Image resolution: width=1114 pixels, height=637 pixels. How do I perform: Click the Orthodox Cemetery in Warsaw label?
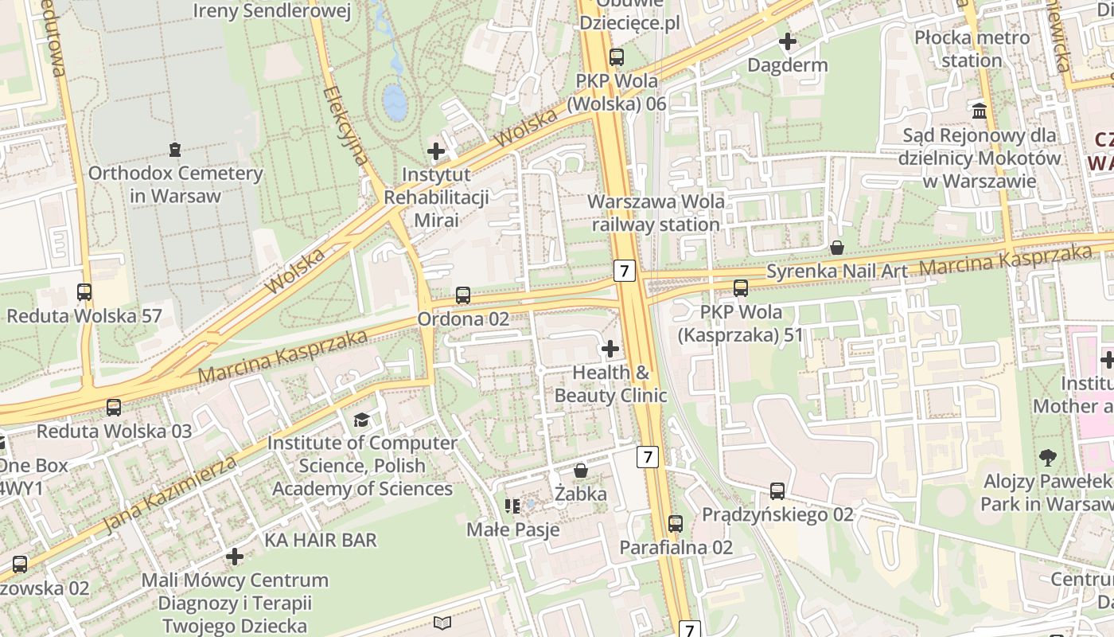coord(175,184)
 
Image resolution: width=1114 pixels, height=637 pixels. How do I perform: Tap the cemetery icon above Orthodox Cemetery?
coord(175,149)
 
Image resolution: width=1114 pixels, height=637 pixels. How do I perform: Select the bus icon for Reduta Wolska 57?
coord(84,292)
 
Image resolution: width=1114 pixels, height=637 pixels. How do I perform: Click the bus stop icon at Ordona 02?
coord(463,295)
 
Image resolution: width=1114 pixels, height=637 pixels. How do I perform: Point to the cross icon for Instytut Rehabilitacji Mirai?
coord(436,150)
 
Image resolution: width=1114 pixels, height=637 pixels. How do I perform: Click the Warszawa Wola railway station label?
coord(656,213)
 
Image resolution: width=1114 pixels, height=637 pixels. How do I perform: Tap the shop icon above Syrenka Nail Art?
coord(836,248)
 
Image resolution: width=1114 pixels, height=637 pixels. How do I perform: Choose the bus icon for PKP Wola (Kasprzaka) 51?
coord(741,288)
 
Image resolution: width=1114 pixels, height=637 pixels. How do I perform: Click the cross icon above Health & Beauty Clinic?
coord(610,348)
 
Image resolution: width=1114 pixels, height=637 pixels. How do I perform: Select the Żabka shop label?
coord(581,494)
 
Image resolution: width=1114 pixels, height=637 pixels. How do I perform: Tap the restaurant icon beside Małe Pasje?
coord(512,506)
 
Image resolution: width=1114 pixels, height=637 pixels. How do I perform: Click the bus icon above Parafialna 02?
coord(676,523)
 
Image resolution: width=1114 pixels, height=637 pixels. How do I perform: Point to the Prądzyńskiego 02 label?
coord(777,514)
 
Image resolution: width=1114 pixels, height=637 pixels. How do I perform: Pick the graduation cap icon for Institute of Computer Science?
coord(362,419)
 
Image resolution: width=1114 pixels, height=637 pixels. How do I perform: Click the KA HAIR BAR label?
coord(321,540)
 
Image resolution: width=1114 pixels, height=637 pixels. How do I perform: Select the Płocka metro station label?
coord(972,49)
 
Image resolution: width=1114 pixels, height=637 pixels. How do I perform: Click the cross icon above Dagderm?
coord(788,41)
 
